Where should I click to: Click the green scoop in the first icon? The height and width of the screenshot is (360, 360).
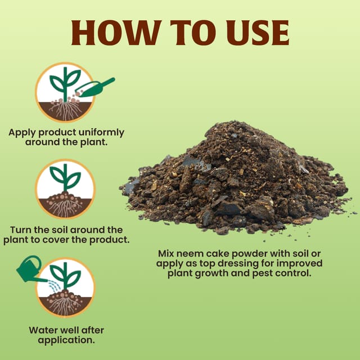click(95, 88)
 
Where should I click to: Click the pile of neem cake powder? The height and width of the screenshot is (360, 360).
click(236, 179)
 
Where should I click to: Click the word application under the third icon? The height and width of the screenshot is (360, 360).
click(66, 340)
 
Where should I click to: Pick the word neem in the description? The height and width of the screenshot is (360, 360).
click(190, 254)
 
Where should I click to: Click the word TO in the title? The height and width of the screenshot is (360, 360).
click(193, 33)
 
